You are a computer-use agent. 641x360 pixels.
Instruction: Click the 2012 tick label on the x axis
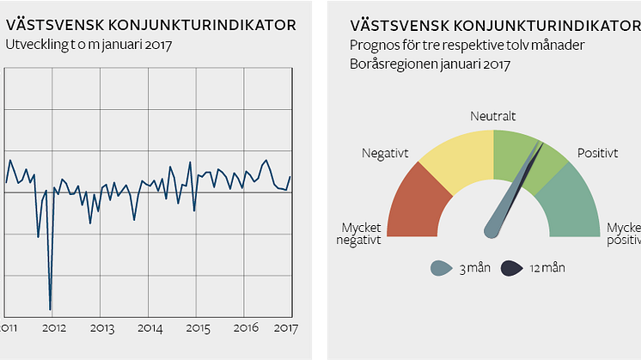54,328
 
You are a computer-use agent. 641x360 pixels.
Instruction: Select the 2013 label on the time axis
101,328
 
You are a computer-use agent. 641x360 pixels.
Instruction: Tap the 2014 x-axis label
150,328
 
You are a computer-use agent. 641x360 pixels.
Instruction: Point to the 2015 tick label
198,328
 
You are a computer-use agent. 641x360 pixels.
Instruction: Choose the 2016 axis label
246,328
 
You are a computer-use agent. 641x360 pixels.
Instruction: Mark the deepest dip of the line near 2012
50,308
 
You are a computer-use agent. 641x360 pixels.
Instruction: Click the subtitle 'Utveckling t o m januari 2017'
89,45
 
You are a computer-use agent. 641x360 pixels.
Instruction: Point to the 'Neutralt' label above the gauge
493,115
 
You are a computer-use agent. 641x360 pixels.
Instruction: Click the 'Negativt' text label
384,153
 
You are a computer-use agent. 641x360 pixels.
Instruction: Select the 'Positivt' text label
597,153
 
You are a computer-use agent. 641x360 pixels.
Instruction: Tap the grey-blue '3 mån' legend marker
440,268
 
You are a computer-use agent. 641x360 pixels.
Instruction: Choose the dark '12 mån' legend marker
512,268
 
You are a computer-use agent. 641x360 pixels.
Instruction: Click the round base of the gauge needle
492,229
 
